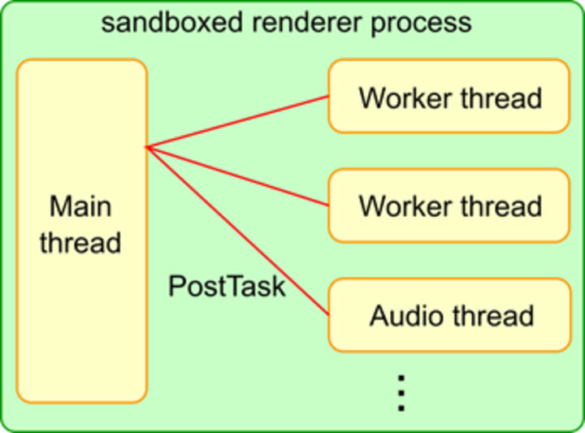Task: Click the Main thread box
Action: (81, 325)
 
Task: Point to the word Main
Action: (80, 206)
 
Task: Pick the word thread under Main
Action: (80, 242)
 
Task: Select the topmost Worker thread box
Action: (449, 96)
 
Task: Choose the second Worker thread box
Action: (449, 205)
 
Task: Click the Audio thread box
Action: (449, 314)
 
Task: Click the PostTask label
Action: (227, 286)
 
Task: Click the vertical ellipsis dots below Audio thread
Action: (400, 393)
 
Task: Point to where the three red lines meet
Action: (147, 147)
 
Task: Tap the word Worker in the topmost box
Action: (406, 98)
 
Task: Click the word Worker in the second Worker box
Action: (406, 206)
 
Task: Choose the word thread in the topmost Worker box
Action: (501, 98)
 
